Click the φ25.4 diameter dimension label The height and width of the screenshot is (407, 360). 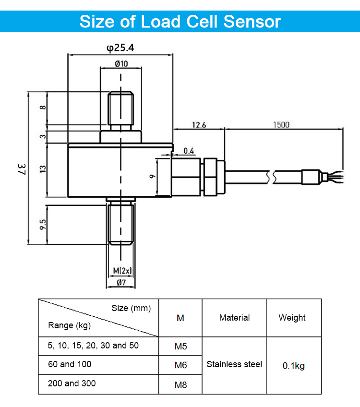click(120, 48)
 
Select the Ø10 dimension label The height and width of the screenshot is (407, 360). click(121, 63)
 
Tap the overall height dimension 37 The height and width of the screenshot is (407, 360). click(22, 169)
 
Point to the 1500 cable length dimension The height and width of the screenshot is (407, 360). click(281, 125)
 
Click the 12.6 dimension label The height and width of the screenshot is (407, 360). click(199, 125)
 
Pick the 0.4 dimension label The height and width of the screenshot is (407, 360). click(189, 151)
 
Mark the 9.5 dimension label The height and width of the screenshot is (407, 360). click(43, 225)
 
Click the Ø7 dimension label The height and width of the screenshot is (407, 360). click(121, 282)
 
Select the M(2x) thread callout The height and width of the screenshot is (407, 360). click(122, 271)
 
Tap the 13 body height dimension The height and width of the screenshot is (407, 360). click(43, 169)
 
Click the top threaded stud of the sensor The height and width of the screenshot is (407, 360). click(120, 108)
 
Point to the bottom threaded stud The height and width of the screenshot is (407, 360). click(120, 225)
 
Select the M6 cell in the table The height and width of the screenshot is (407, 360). click(180, 365)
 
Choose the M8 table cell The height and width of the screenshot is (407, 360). click(180, 384)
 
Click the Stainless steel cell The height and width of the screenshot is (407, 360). click(234, 364)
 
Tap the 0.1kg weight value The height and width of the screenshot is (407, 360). click(294, 366)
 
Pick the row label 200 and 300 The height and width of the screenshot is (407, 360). click(72, 383)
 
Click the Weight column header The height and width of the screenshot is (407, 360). click(292, 318)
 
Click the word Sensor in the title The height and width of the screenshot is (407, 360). click(252, 21)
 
